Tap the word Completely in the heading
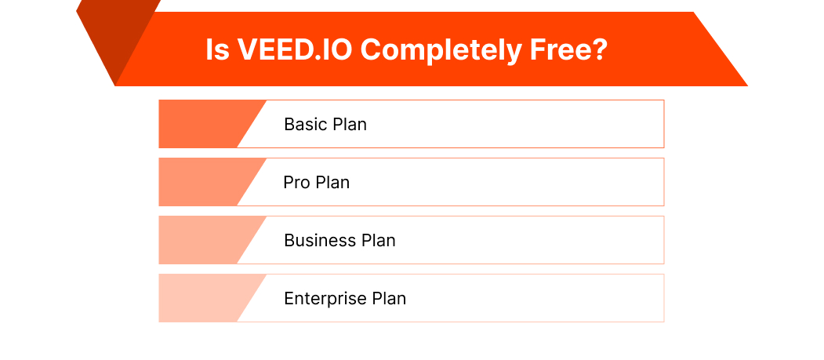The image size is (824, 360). pyautogui.click(x=439, y=49)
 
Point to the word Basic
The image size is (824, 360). pyautogui.click(x=305, y=124)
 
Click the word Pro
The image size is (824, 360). pyautogui.click(x=296, y=183)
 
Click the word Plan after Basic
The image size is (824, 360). pyautogui.click(x=349, y=124)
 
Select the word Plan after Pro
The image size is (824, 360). pyautogui.click(x=332, y=183)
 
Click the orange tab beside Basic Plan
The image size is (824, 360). pyautogui.click(x=204, y=124)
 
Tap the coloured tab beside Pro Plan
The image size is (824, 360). pyautogui.click(x=204, y=182)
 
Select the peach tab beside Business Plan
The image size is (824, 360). pyautogui.click(x=204, y=240)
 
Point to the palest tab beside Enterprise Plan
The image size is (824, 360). pyautogui.click(x=204, y=298)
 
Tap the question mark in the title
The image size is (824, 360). pyautogui.click(x=600, y=49)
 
